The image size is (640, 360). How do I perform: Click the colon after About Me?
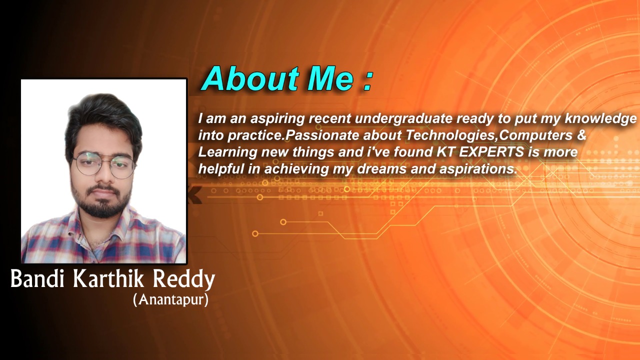pos(368,81)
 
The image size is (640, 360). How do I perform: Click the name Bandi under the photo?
pos(37,278)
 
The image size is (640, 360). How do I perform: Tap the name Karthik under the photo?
pos(108,278)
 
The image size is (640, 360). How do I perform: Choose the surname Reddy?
pos(184,279)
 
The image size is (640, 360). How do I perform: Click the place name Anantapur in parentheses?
pos(170,300)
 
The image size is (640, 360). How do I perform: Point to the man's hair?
pos(103,120)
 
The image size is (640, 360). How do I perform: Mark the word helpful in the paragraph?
pos(221,169)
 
